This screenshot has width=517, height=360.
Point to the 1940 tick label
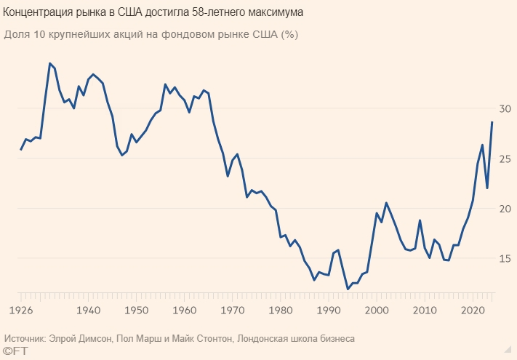point(89,310)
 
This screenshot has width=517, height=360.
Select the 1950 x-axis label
point(136,310)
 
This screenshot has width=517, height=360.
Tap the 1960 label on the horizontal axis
point(184,310)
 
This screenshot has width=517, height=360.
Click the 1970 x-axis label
point(232,310)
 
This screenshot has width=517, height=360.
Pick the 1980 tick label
point(280,310)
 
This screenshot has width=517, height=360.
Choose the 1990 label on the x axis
point(328,310)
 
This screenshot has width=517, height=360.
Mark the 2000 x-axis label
point(376,310)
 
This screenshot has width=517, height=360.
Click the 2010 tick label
point(424,310)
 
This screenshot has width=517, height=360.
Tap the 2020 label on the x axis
point(472,310)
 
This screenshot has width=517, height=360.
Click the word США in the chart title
point(138,13)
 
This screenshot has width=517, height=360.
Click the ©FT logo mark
point(15,352)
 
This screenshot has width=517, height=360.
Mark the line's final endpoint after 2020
point(492,121)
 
